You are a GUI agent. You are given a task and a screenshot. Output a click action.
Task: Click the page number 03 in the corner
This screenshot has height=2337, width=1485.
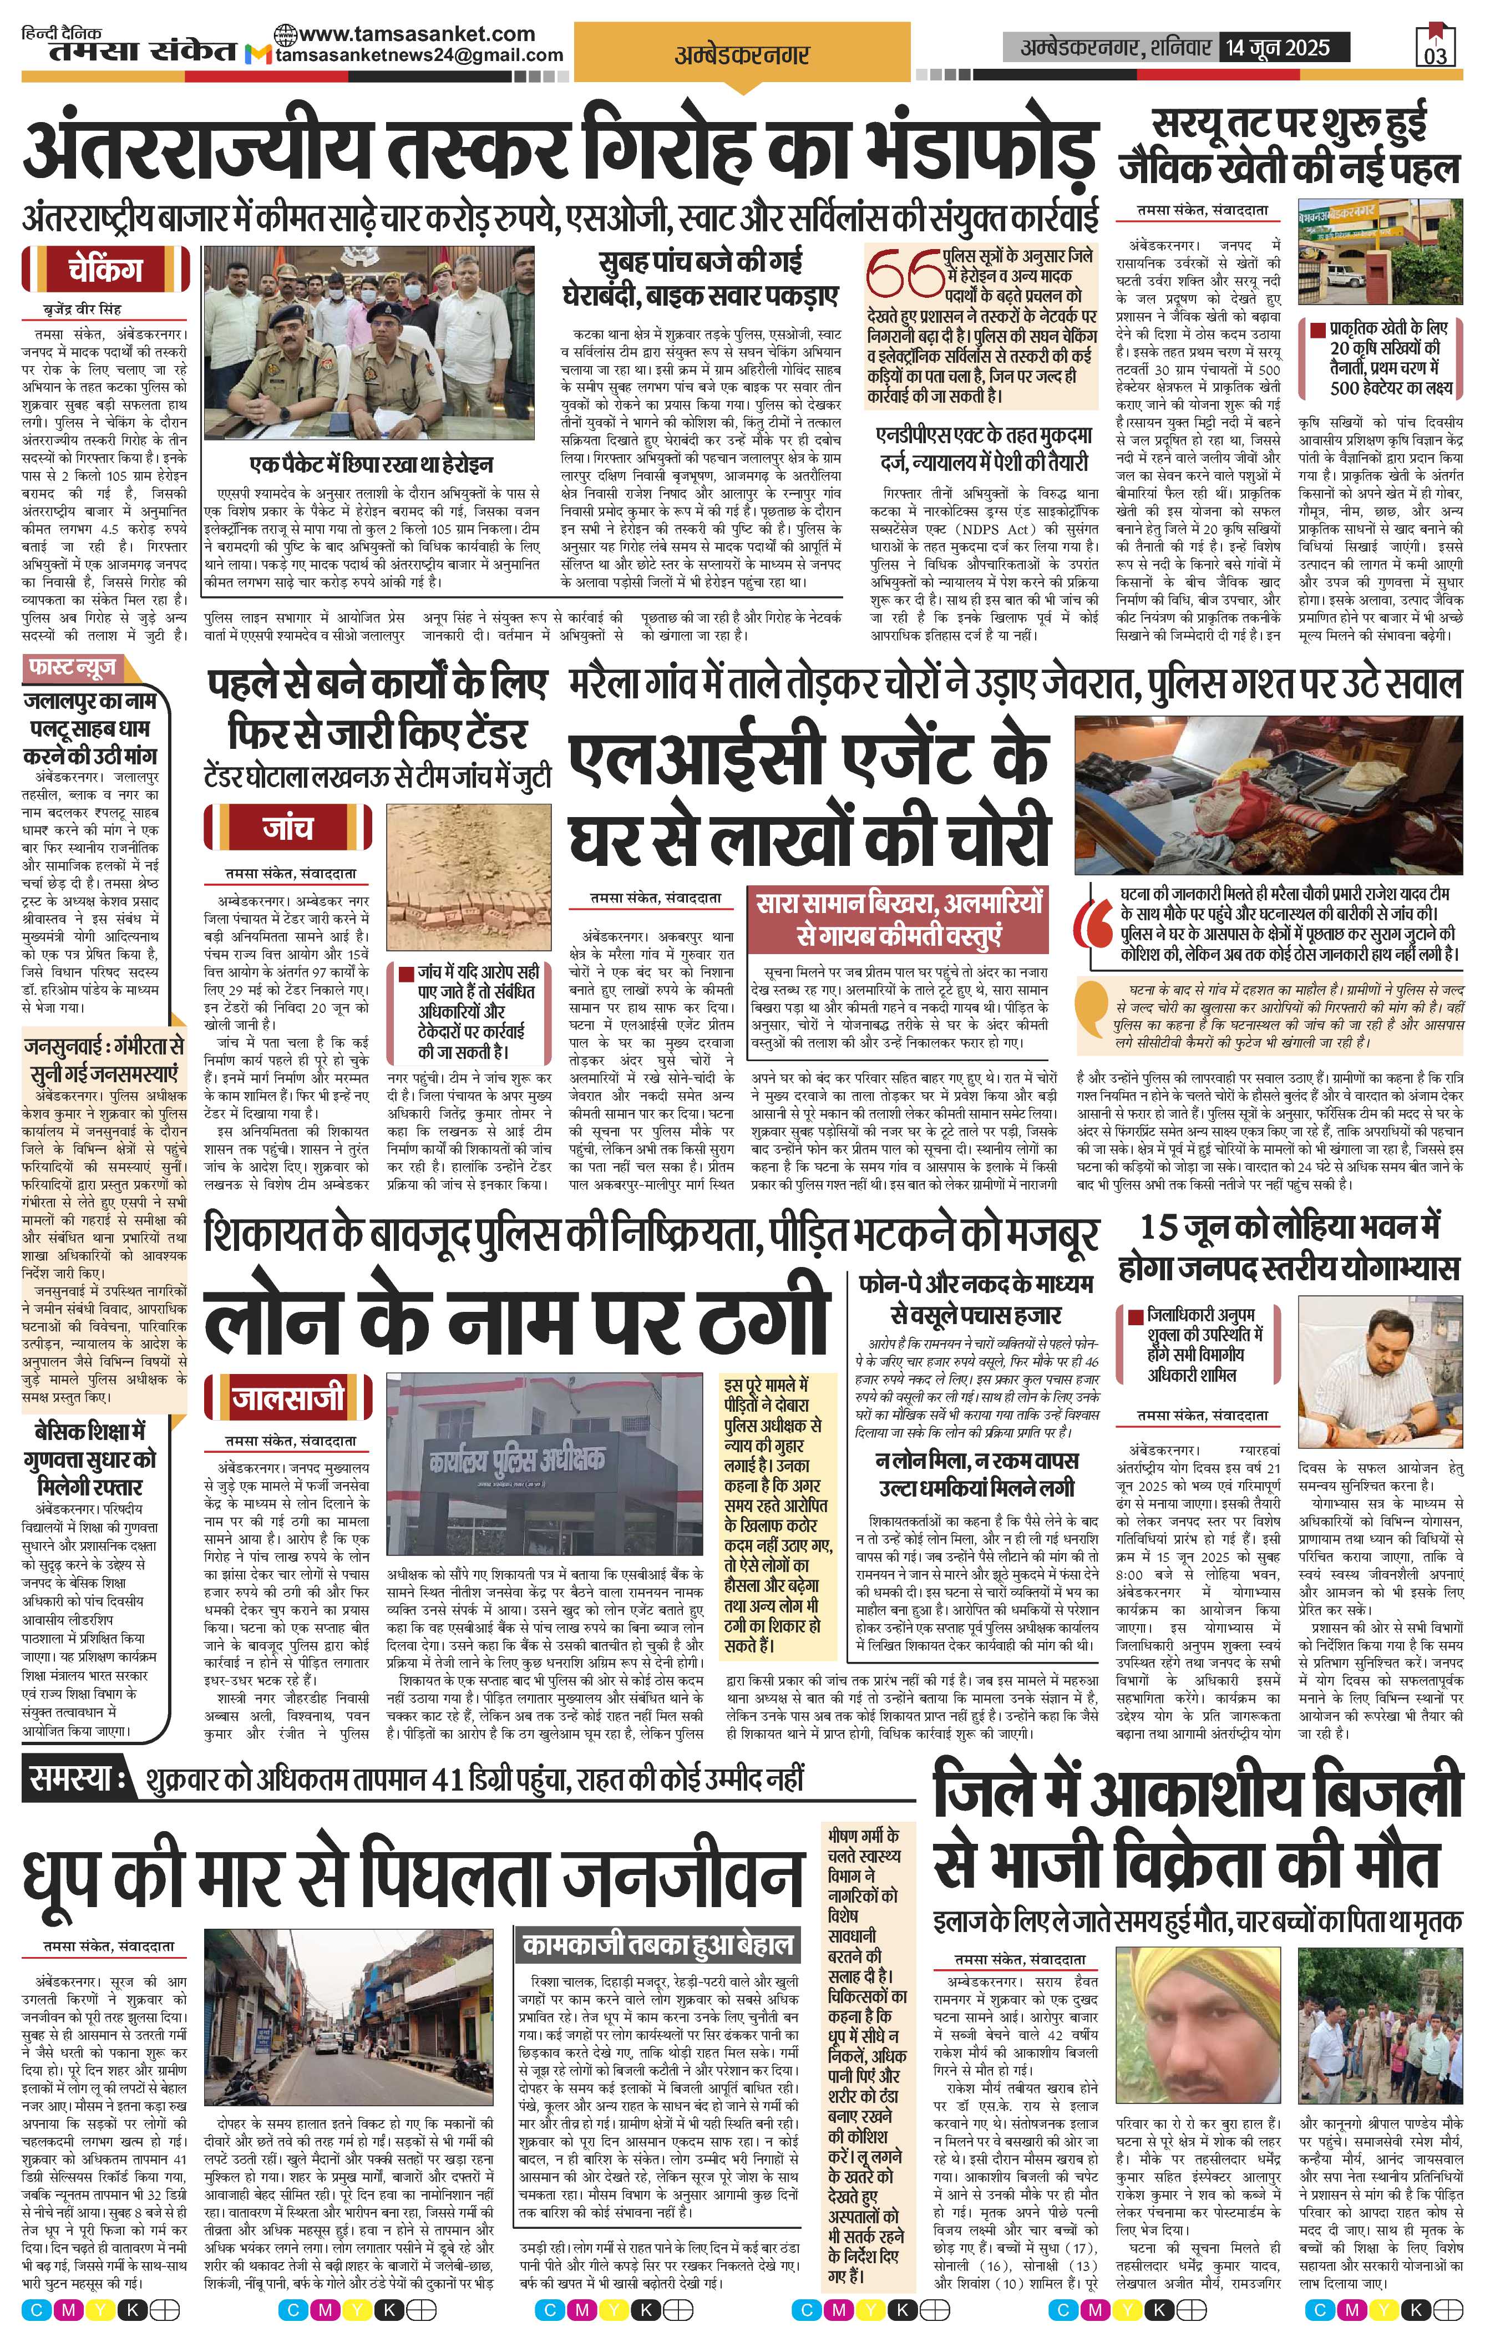1436,55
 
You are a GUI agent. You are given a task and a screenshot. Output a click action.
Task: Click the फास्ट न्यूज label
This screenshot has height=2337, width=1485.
75,668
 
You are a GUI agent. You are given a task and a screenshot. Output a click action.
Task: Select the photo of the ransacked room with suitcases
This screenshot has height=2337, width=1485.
1268,796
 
